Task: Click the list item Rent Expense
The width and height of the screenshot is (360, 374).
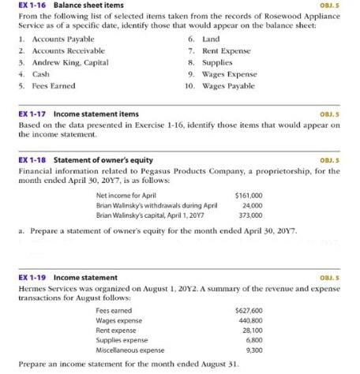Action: coord(226,50)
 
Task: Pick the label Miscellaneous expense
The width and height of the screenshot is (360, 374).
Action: coord(129,350)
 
